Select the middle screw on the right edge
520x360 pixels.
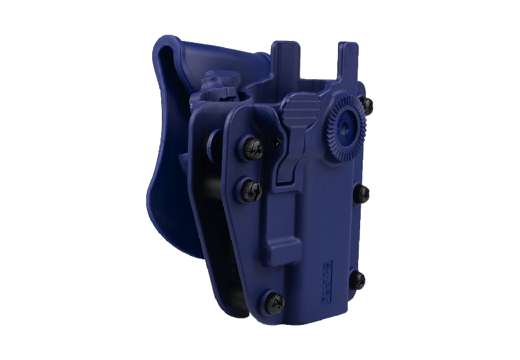click(363, 192)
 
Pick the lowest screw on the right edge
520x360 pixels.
click(359, 279)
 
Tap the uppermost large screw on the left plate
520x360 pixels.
click(253, 148)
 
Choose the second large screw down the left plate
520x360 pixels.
click(252, 188)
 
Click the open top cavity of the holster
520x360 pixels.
click(312, 91)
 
